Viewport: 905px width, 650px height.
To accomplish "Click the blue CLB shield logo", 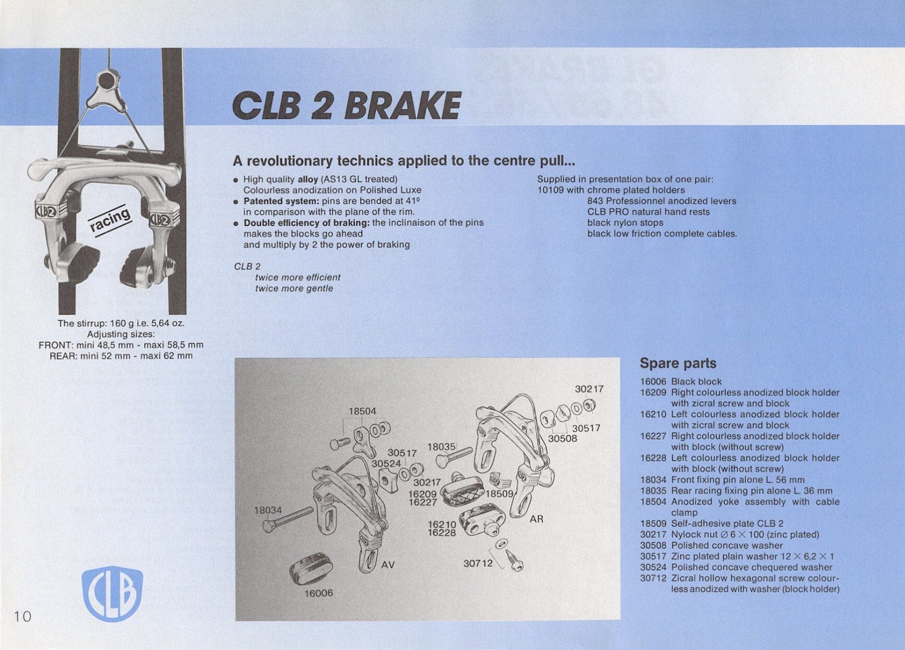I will click(112, 593).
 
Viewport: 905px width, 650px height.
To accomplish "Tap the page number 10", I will click(23, 616).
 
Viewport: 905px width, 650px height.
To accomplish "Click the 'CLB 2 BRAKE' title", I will click(346, 106).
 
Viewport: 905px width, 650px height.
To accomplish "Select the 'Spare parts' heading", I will click(678, 364).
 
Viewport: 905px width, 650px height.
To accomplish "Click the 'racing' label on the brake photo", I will click(110, 220).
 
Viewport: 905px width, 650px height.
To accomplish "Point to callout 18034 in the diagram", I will click(268, 510).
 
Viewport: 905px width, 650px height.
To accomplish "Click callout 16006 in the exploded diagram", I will click(319, 593).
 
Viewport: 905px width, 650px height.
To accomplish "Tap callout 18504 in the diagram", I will click(362, 411).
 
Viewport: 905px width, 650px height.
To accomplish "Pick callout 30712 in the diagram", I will click(478, 563).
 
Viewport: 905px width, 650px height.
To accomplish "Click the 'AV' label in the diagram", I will click(387, 565).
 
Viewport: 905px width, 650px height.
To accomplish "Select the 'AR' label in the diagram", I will click(536, 519).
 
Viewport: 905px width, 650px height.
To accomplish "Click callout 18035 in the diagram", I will click(441, 447).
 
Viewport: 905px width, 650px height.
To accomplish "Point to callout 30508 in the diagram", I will click(562, 438).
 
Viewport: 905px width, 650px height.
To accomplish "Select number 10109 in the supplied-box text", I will click(550, 190).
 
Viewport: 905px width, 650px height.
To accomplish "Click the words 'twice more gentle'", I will click(294, 289).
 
